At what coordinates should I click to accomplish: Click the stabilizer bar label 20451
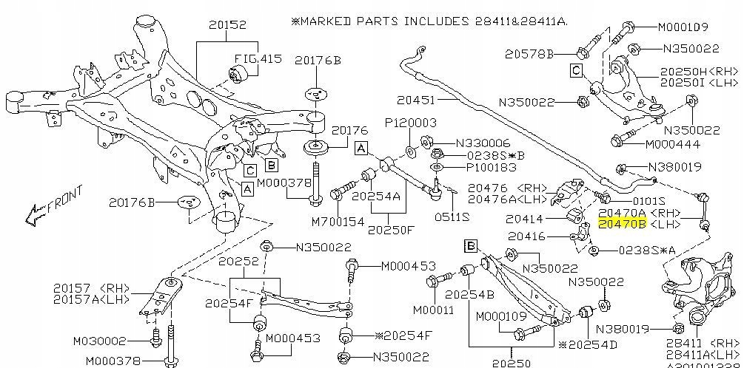pos(415,98)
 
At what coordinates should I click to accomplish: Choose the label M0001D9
pos(683,27)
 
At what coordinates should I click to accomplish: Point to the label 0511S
pos(452,217)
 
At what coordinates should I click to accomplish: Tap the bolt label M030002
pos(99,341)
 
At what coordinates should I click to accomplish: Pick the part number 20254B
pos(469,295)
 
